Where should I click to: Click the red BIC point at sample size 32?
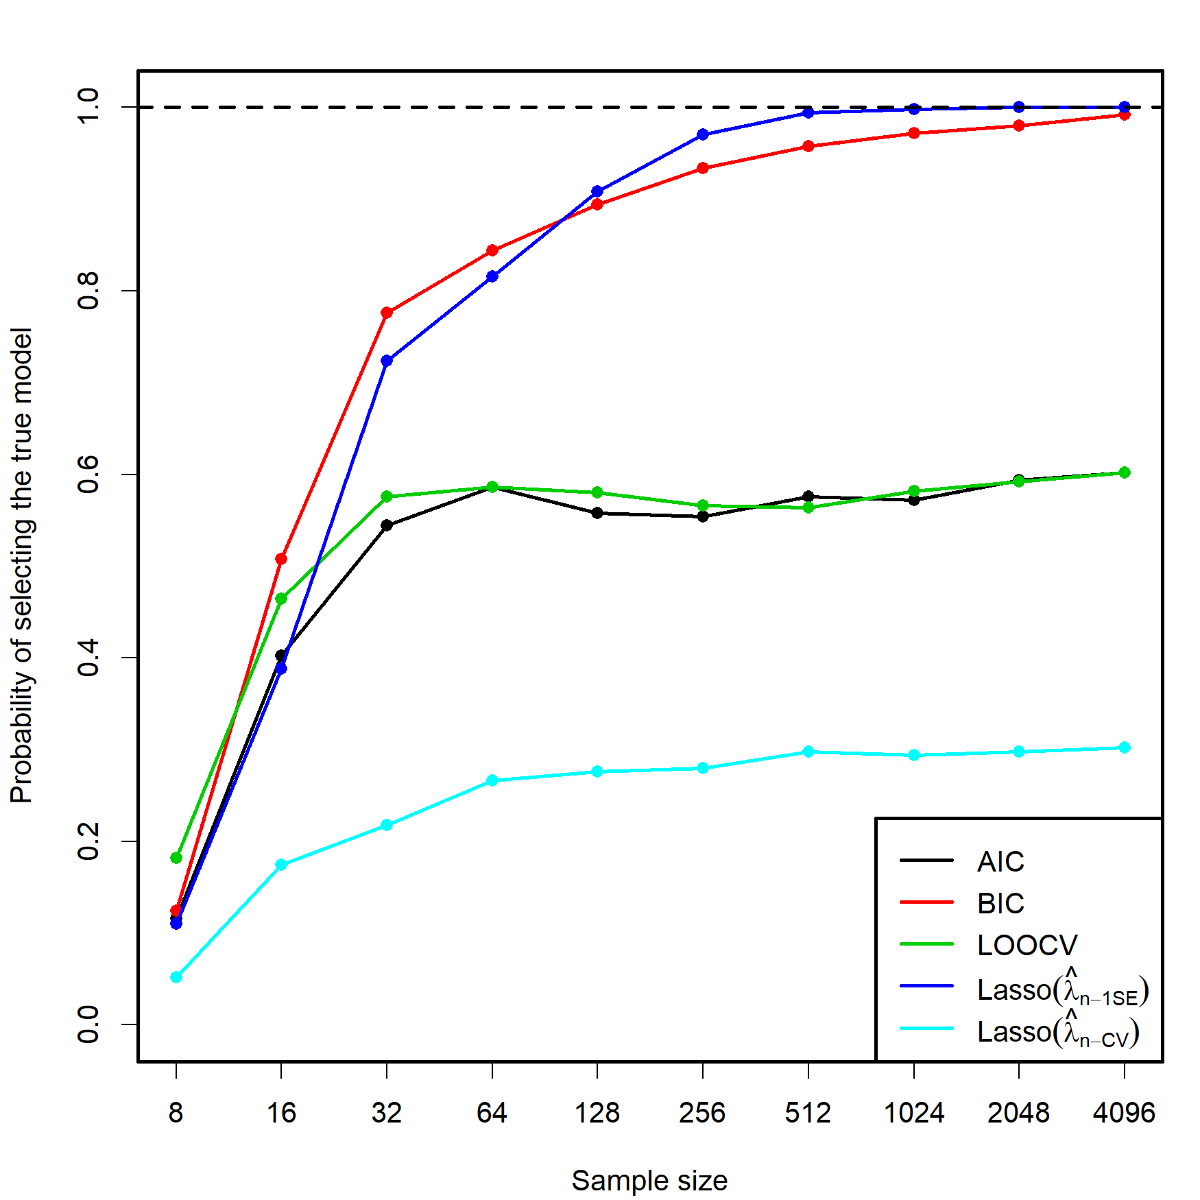click(387, 313)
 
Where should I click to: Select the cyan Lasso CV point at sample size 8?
click(176, 976)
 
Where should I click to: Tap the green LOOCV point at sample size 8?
click(176, 858)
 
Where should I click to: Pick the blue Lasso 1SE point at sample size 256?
click(703, 134)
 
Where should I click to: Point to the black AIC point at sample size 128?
click(597, 513)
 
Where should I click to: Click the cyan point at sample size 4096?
click(1125, 747)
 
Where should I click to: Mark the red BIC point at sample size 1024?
click(914, 133)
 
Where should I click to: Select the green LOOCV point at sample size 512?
click(808, 507)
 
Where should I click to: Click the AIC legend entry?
click(1000, 862)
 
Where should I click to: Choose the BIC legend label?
click(1000, 904)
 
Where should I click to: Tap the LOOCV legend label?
click(1027, 946)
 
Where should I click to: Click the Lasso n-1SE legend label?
click(1061, 989)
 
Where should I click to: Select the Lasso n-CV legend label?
click(1057, 1031)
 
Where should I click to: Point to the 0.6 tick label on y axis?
click(88, 475)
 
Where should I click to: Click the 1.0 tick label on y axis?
click(88, 107)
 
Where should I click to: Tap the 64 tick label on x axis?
click(492, 1113)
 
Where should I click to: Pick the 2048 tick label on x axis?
click(1018, 1113)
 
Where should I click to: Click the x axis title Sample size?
click(649, 1181)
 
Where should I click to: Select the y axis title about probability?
click(22, 566)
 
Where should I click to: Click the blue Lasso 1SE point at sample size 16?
click(281, 669)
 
